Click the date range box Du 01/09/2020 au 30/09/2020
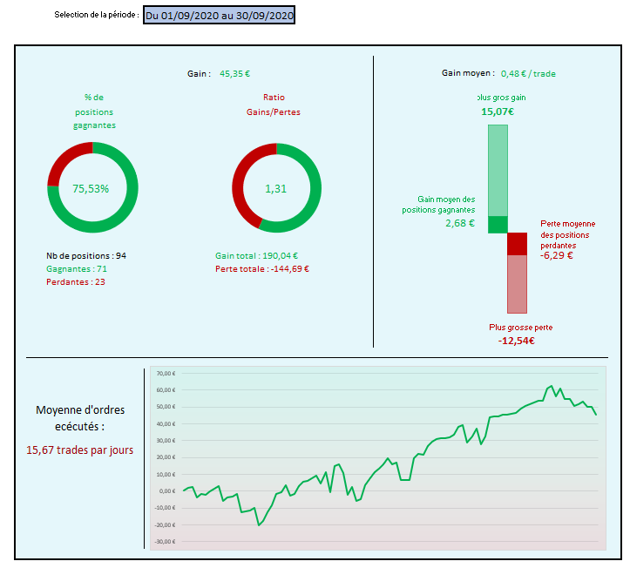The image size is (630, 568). click(220, 15)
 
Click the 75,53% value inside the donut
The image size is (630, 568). click(91, 188)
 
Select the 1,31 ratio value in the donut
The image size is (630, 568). click(276, 188)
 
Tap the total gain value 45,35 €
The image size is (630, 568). click(240, 74)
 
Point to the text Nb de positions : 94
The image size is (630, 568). click(86, 256)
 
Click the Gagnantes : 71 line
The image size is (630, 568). click(76, 269)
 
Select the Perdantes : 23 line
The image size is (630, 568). click(75, 282)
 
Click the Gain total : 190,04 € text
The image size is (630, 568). click(256, 256)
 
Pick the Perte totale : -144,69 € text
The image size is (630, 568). click(261, 269)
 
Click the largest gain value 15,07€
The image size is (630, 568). click(498, 112)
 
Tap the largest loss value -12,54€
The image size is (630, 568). click(517, 341)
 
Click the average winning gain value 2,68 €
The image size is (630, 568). click(459, 223)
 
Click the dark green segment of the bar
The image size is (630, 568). click(498, 224)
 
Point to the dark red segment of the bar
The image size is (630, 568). click(518, 244)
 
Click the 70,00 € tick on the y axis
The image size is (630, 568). click(166, 374)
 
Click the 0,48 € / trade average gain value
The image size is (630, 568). click(528, 74)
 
